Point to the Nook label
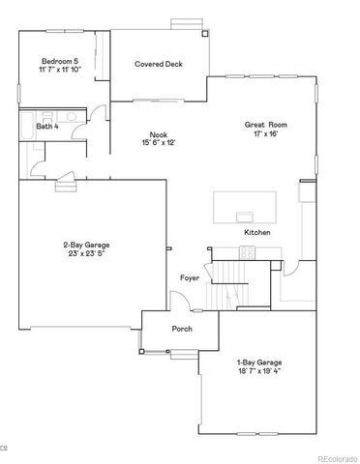(158, 134)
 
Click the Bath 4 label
(47, 127)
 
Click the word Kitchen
(256, 233)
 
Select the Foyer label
(190, 278)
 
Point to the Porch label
(182, 329)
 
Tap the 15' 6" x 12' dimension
(158, 143)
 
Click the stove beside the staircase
(247, 253)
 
